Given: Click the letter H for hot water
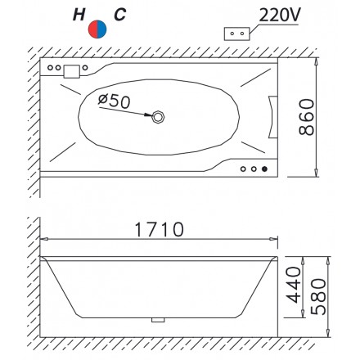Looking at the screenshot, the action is (x=79, y=15).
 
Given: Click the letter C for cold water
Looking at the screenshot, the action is (x=119, y=15).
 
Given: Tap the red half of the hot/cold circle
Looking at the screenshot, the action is (x=92, y=29).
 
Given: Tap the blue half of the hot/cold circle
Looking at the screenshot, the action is (x=102, y=29).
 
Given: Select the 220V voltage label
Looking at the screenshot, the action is (x=280, y=15).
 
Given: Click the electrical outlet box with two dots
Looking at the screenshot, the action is (x=237, y=34).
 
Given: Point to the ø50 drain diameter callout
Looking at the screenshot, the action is (x=115, y=101).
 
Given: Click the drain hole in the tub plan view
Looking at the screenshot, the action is (x=158, y=117).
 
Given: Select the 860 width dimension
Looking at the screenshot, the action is (x=306, y=117).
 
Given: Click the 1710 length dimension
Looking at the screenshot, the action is (x=160, y=229).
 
